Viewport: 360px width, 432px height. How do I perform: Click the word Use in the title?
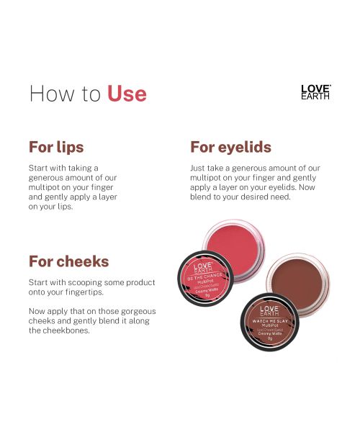point(127,94)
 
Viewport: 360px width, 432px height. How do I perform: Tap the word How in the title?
point(50,94)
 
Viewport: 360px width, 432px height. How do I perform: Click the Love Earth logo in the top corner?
point(315,91)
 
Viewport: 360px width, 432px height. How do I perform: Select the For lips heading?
point(56,147)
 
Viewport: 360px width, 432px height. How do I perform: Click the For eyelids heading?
point(230,147)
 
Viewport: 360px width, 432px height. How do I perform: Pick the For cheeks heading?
point(68,261)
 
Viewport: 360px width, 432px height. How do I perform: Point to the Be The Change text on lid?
point(203,277)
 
